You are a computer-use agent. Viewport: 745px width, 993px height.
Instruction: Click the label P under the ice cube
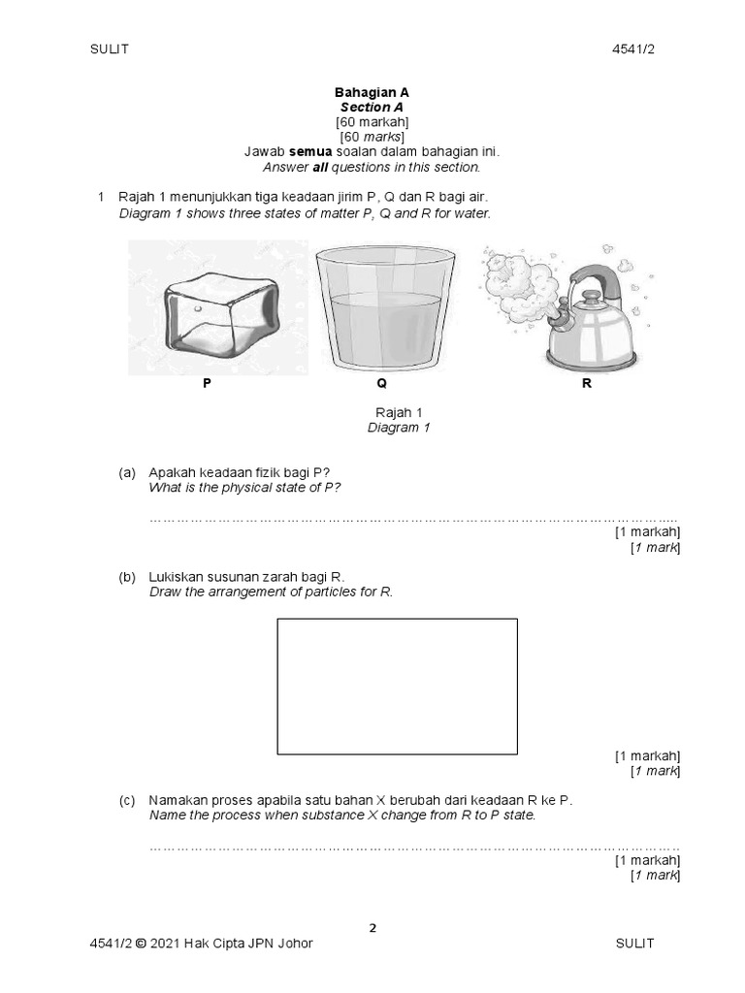click(x=207, y=384)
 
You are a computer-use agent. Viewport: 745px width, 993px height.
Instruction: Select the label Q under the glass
click(x=381, y=384)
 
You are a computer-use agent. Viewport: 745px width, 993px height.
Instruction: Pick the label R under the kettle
click(x=586, y=384)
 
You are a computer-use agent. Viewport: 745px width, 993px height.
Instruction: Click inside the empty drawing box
click(x=398, y=687)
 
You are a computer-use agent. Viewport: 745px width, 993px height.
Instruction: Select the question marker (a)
click(x=127, y=472)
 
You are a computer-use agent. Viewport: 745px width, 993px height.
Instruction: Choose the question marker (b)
click(x=127, y=577)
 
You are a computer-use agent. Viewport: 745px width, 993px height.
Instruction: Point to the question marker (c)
click(x=127, y=800)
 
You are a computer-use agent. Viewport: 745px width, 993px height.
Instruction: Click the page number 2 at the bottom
click(x=372, y=927)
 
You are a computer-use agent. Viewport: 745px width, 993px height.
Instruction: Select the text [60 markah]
click(x=372, y=122)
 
